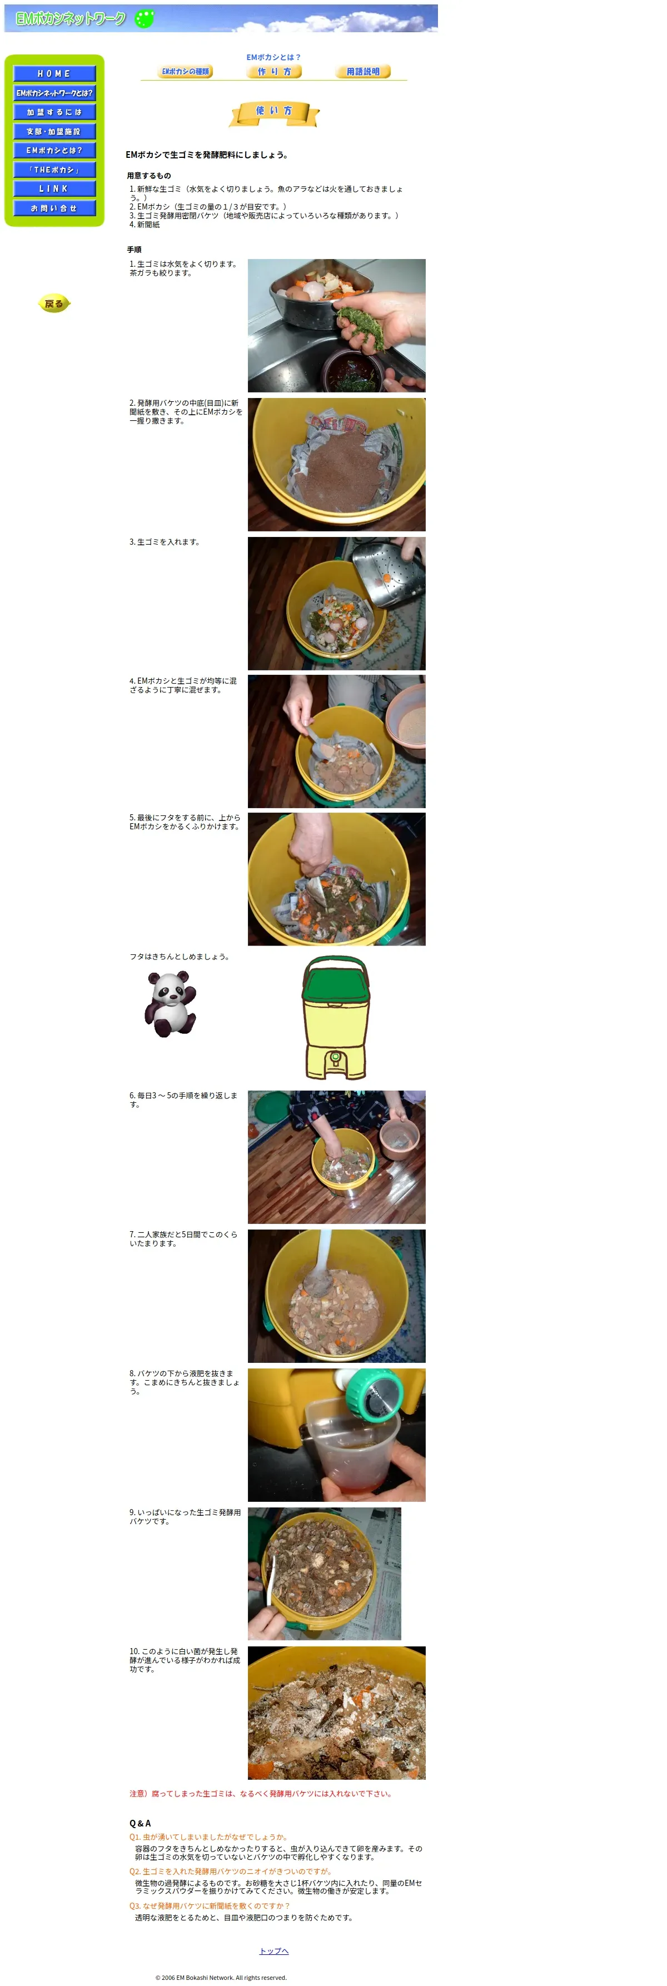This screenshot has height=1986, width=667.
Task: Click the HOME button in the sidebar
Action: [54, 74]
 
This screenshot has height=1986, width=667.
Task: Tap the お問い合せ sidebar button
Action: [54, 208]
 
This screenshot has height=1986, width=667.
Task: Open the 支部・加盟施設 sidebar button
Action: [54, 132]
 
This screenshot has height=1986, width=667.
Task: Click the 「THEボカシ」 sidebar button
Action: [54, 170]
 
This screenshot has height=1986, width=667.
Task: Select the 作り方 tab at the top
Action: [273, 72]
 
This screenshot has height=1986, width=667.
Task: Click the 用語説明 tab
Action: [363, 72]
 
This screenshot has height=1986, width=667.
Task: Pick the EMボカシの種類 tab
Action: [185, 72]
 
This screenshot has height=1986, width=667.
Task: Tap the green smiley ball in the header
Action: [144, 18]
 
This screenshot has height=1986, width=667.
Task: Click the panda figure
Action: [171, 1003]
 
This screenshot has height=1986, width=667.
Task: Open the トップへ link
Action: [273, 1950]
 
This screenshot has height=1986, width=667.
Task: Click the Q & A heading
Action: [140, 1823]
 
